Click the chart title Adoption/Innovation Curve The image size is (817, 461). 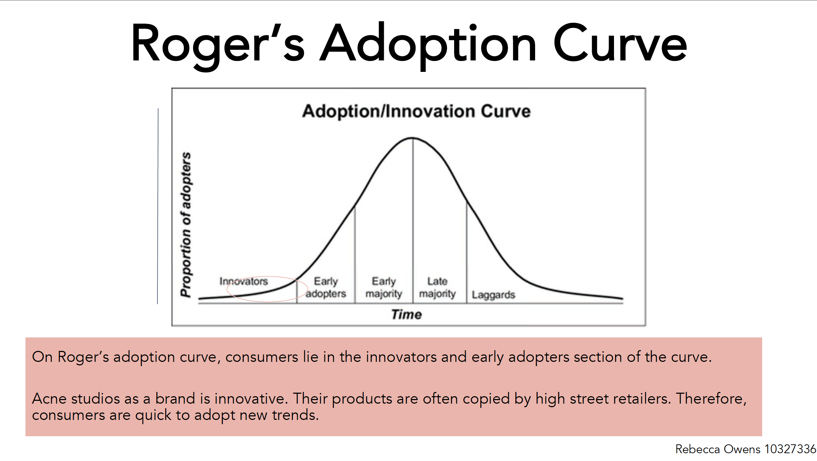coord(416,111)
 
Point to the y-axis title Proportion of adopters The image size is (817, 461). coord(186,224)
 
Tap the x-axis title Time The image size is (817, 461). coord(406,314)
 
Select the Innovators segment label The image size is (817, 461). coord(244,281)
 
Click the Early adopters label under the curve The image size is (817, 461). coord(326,287)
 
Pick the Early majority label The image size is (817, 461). coord(384,287)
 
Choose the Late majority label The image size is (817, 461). coord(438,287)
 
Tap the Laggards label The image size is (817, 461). coord(493,295)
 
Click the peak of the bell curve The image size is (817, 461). coord(412,138)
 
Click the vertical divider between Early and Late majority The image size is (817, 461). coord(413,220)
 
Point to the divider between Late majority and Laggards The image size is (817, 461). coord(467,253)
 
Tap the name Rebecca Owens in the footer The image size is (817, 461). coord(718,449)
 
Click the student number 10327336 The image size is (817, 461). coord(790,449)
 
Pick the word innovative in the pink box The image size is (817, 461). coord(250,399)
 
